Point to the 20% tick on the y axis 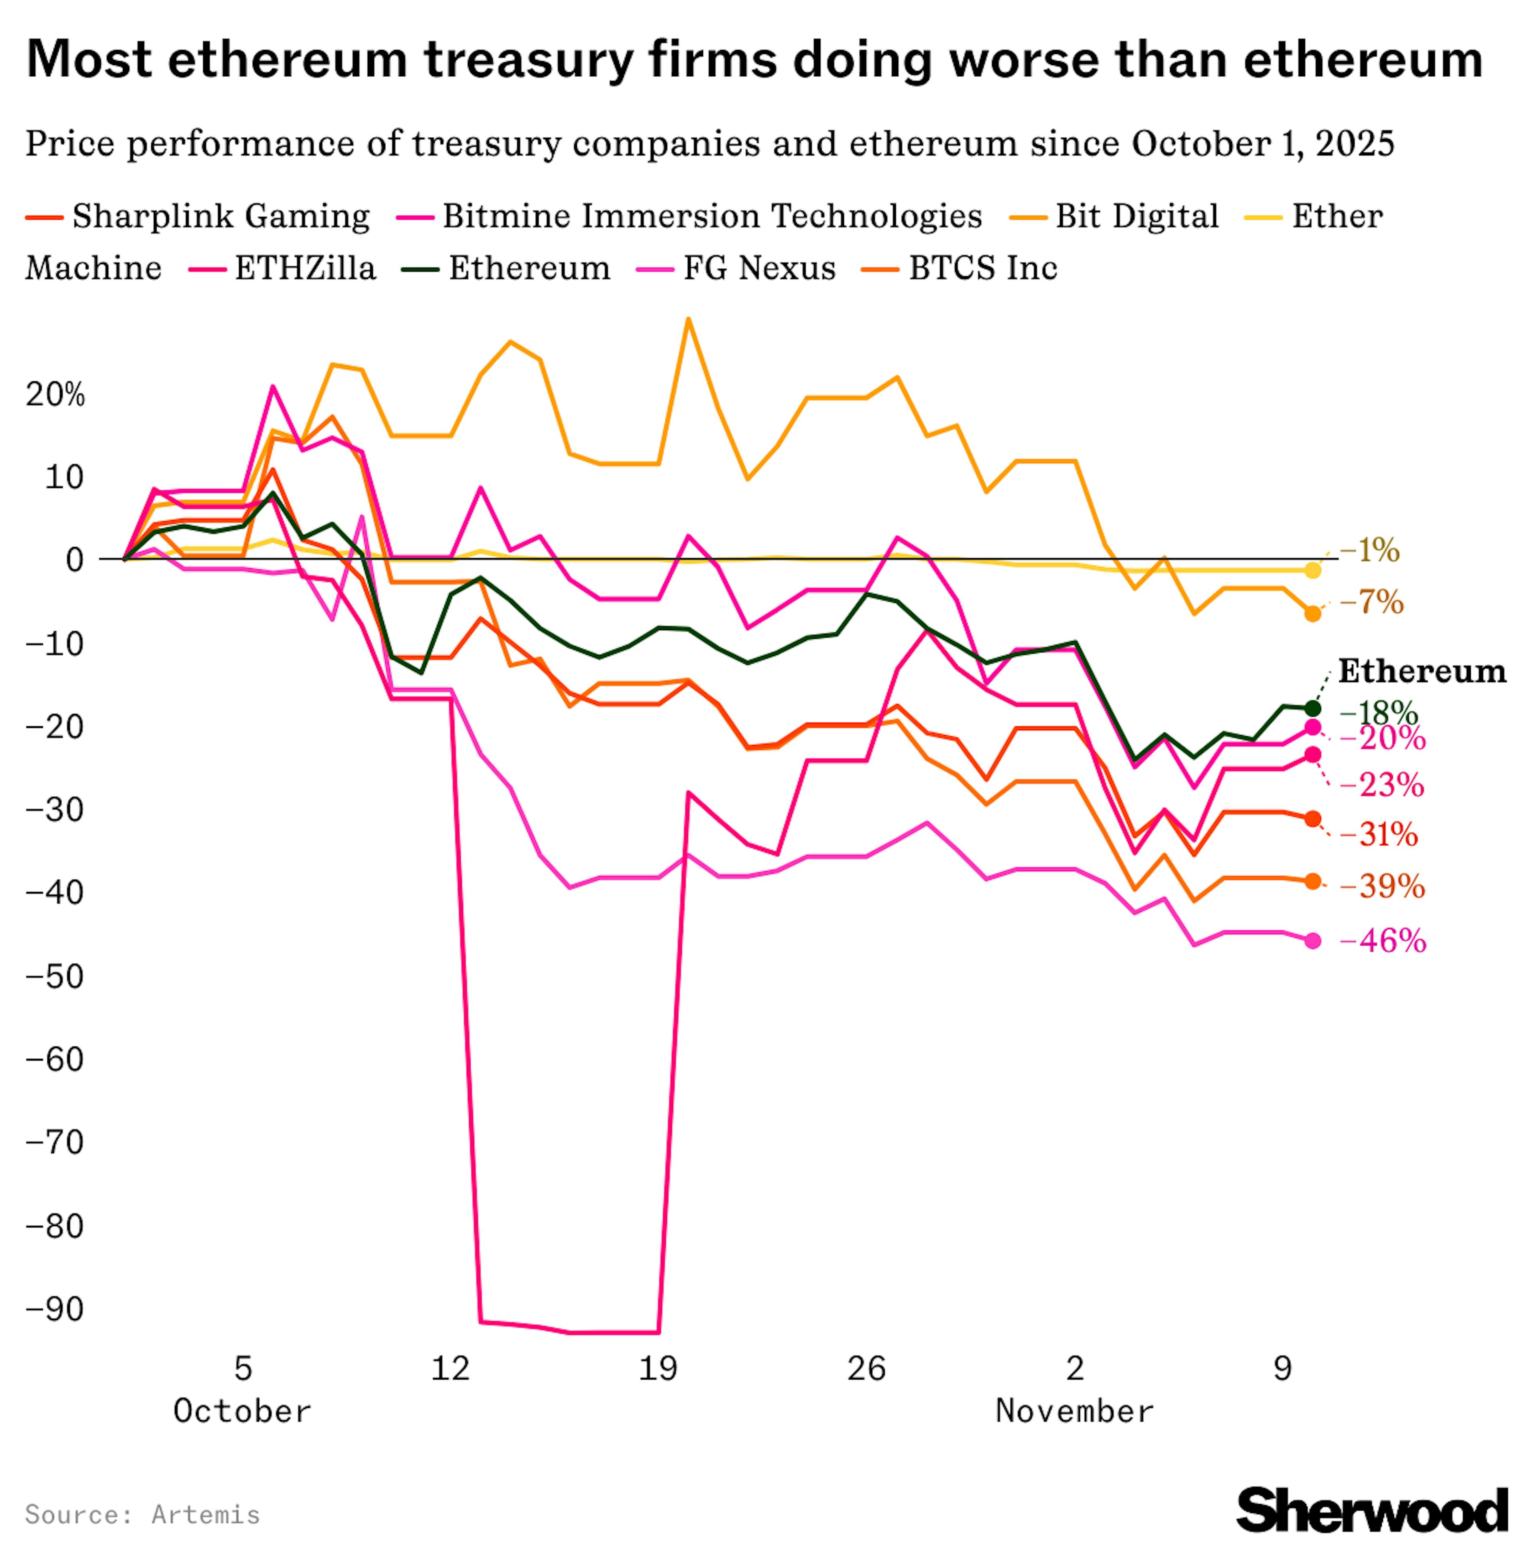[x=55, y=394]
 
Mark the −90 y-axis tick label [x=55, y=1309]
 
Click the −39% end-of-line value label [x=1382, y=886]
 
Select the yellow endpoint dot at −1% [x=1312, y=570]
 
